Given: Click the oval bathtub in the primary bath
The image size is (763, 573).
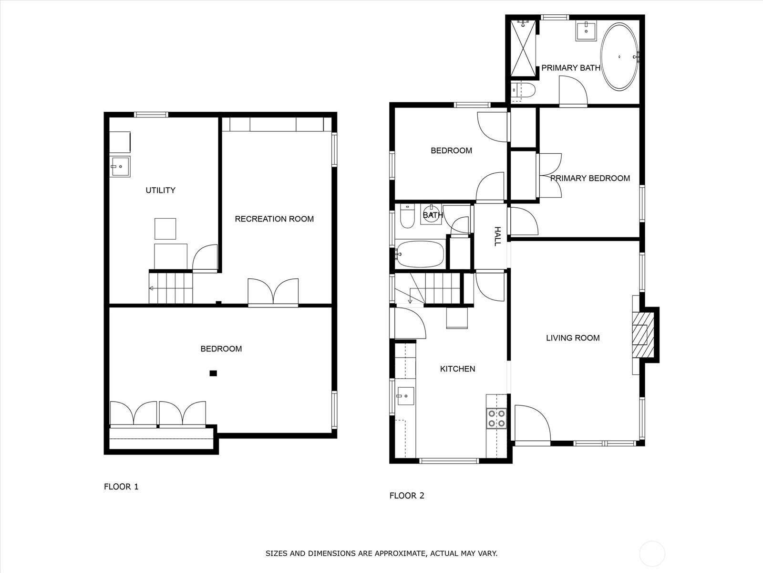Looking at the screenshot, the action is point(619,57).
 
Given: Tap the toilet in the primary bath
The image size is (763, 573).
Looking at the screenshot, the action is point(523,90).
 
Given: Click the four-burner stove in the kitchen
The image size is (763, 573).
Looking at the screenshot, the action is point(496,419).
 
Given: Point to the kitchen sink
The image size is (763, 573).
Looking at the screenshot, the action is point(406,396).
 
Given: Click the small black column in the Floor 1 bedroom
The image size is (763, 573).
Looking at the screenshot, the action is point(213,373).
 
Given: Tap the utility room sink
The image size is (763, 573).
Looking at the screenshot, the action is point(120,167).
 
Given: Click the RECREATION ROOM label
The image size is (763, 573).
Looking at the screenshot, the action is point(274,219).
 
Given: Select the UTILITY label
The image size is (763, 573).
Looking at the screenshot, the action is point(160,191).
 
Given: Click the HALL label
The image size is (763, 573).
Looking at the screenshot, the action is point(497,236).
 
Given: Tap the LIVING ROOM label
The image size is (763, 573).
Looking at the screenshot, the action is point(573,338).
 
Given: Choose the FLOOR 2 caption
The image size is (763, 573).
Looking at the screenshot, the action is point(407,496).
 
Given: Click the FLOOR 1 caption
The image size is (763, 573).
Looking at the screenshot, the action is point(121,487).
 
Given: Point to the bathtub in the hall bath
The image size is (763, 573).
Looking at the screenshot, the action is point(420,254).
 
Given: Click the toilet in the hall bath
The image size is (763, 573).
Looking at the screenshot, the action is point(407,216).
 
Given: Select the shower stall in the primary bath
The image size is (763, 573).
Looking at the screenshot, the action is point(523,48).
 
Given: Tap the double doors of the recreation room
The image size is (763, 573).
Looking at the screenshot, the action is point(273,292).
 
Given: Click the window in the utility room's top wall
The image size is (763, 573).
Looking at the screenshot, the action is point(151,115).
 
